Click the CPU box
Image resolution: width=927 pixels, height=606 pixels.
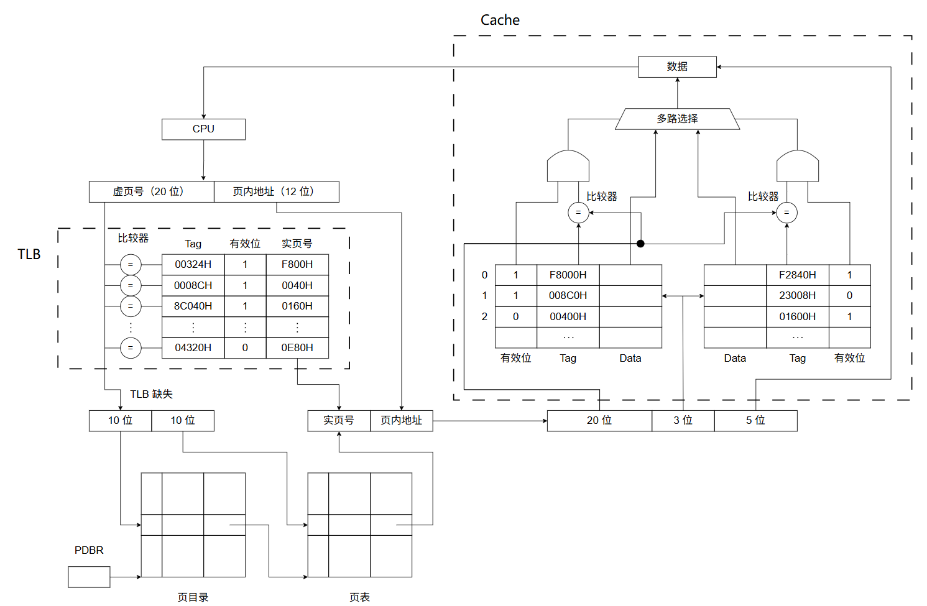coord(203,129)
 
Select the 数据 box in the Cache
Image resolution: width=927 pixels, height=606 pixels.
coord(677,67)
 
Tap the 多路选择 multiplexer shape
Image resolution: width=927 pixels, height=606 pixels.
coord(677,119)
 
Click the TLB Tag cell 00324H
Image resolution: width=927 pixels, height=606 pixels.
coord(193,264)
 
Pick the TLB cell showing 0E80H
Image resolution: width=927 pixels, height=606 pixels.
coord(297,347)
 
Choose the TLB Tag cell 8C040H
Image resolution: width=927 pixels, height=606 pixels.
coord(193,306)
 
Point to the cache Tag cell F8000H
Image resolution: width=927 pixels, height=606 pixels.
coord(568,275)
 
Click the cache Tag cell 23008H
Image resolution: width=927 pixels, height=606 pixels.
coord(798,296)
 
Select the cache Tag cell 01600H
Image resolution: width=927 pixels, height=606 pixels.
coord(798,316)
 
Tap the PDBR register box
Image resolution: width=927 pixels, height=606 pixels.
coord(89,577)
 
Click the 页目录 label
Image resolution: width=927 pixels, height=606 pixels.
coord(193,597)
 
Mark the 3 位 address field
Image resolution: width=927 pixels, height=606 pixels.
coord(683,421)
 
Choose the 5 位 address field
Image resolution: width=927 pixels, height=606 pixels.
coord(755,421)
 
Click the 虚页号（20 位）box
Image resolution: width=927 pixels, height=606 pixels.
coord(152,191)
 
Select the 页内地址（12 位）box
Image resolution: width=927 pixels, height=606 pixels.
coord(277,191)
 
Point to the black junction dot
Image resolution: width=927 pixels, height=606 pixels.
coord(640,244)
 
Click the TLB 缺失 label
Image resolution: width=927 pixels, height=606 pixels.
coord(151,394)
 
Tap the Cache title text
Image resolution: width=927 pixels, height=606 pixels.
coord(500,20)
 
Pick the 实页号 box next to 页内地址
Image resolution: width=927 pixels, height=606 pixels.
coord(339,421)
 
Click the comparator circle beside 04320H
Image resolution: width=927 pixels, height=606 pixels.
coord(131,348)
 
